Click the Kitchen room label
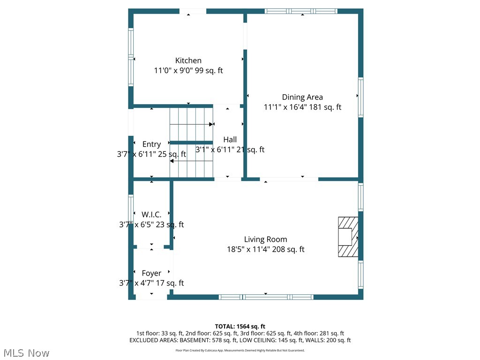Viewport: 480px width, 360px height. tap(188, 60)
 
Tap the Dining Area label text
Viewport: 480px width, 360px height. tap(302, 97)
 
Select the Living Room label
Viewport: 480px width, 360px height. tap(265, 240)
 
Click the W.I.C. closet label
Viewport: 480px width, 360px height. tap(151, 214)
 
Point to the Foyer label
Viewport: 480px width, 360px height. tap(151, 273)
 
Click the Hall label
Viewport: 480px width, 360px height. tap(230, 140)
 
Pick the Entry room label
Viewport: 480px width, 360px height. tap(151, 144)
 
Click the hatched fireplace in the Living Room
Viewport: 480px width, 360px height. tap(348, 237)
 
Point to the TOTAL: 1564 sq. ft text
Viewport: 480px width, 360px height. tap(240, 326)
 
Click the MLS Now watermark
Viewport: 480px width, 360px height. tap(25, 352)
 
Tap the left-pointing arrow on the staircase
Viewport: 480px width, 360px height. tap(172, 161)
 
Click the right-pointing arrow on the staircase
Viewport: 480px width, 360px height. tap(210, 124)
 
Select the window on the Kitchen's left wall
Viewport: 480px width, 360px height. tap(131, 57)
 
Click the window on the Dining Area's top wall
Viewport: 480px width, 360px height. tap(301, 11)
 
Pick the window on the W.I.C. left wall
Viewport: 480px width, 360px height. tap(131, 212)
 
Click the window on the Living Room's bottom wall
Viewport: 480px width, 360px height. tap(266, 297)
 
